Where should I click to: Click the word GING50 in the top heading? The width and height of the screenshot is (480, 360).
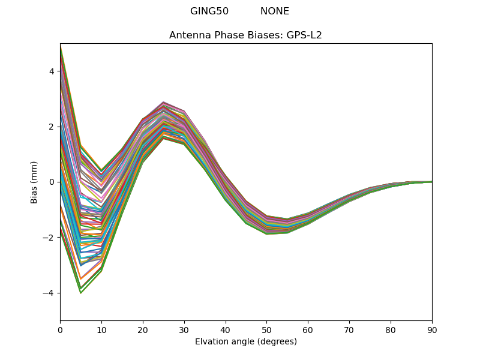pyautogui.click(x=209, y=11)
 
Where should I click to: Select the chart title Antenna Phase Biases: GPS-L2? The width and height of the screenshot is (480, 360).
pyautogui.click(x=245, y=35)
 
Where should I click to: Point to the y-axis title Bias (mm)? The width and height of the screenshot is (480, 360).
pyautogui.click(x=35, y=182)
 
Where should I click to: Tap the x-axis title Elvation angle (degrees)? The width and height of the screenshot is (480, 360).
pyautogui.click(x=245, y=342)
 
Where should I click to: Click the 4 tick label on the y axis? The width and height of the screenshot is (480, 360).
pyautogui.click(x=51, y=71)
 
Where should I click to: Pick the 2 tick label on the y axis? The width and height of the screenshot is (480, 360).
pyautogui.click(x=51, y=127)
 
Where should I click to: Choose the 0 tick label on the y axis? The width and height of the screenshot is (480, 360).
pyautogui.click(x=51, y=182)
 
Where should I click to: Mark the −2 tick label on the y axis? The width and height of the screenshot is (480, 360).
pyautogui.click(x=49, y=238)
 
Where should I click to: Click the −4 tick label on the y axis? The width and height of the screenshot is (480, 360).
pyautogui.click(x=49, y=293)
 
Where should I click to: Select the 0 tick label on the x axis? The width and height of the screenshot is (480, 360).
pyautogui.click(x=60, y=329)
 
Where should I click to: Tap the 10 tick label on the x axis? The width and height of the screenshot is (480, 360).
pyautogui.click(x=101, y=329)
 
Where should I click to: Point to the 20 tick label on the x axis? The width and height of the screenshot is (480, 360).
pyautogui.click(x=143, y=329)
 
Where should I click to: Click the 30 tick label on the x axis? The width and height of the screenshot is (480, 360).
pyautogui.click(x=184, y=329)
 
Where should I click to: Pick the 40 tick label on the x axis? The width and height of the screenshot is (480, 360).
pyautogui.click(x=225, y=329)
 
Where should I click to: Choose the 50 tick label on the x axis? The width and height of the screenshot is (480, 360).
pyautogui.click(x=266, y=329)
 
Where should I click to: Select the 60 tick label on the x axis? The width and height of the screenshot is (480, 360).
pyautogui.click(x=308, y=329)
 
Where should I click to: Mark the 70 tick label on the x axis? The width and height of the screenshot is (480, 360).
pyautogui.click(x=349, y=329)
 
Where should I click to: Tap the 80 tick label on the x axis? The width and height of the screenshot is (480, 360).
pyautogui.click(x=391, y=329)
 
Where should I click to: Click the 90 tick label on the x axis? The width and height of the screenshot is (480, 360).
pyautogui.click(x=432, y=329)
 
